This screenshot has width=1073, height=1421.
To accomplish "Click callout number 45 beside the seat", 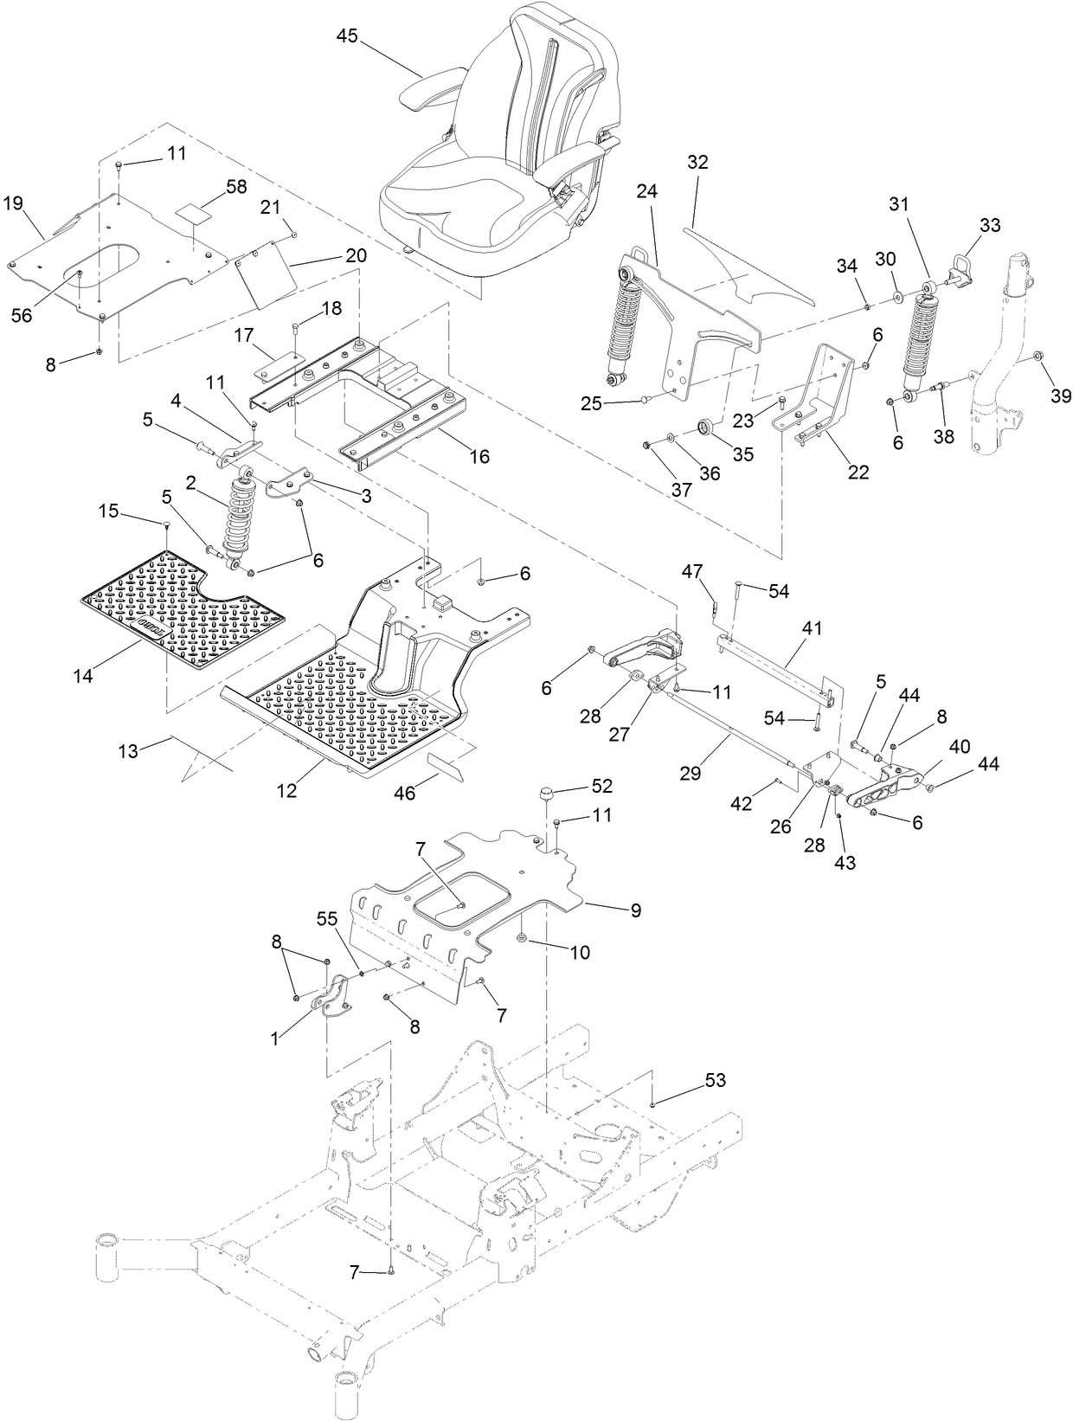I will pyautogui.click(x=347, y=35).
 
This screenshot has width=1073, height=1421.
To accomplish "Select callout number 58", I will pyautogui.click(x=212, y=186).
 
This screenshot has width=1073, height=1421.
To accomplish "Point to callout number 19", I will pyautogui.click(x=12, y=203).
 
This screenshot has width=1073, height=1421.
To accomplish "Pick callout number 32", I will pyautogui.click(x=697, y=162).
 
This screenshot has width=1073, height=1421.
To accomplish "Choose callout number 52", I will pyautogui.click(x=602, y=786).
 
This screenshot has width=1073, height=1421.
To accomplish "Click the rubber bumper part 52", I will pyautogui.click(x=547, y=795).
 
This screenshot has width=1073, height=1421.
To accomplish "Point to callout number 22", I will pyautogui.click(x=859, y=472).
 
